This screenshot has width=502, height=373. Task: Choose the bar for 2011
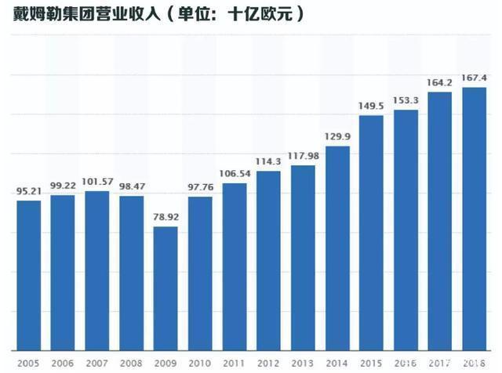234,266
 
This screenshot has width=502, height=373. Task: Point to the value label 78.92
166,217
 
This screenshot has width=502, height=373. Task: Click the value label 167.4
474,78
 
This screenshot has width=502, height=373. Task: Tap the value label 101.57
97,182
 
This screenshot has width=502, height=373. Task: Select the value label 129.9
336,136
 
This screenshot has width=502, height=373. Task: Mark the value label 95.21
28,191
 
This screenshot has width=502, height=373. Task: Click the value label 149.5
371,106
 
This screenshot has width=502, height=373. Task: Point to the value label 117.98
302,155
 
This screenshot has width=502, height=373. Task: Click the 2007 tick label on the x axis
97,363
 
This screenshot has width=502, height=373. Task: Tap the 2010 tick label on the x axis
200,363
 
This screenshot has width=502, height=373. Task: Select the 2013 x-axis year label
302,363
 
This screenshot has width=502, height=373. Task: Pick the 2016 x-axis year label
406,363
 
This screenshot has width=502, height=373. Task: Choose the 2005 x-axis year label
28,363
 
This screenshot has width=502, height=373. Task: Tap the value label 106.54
234,173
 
